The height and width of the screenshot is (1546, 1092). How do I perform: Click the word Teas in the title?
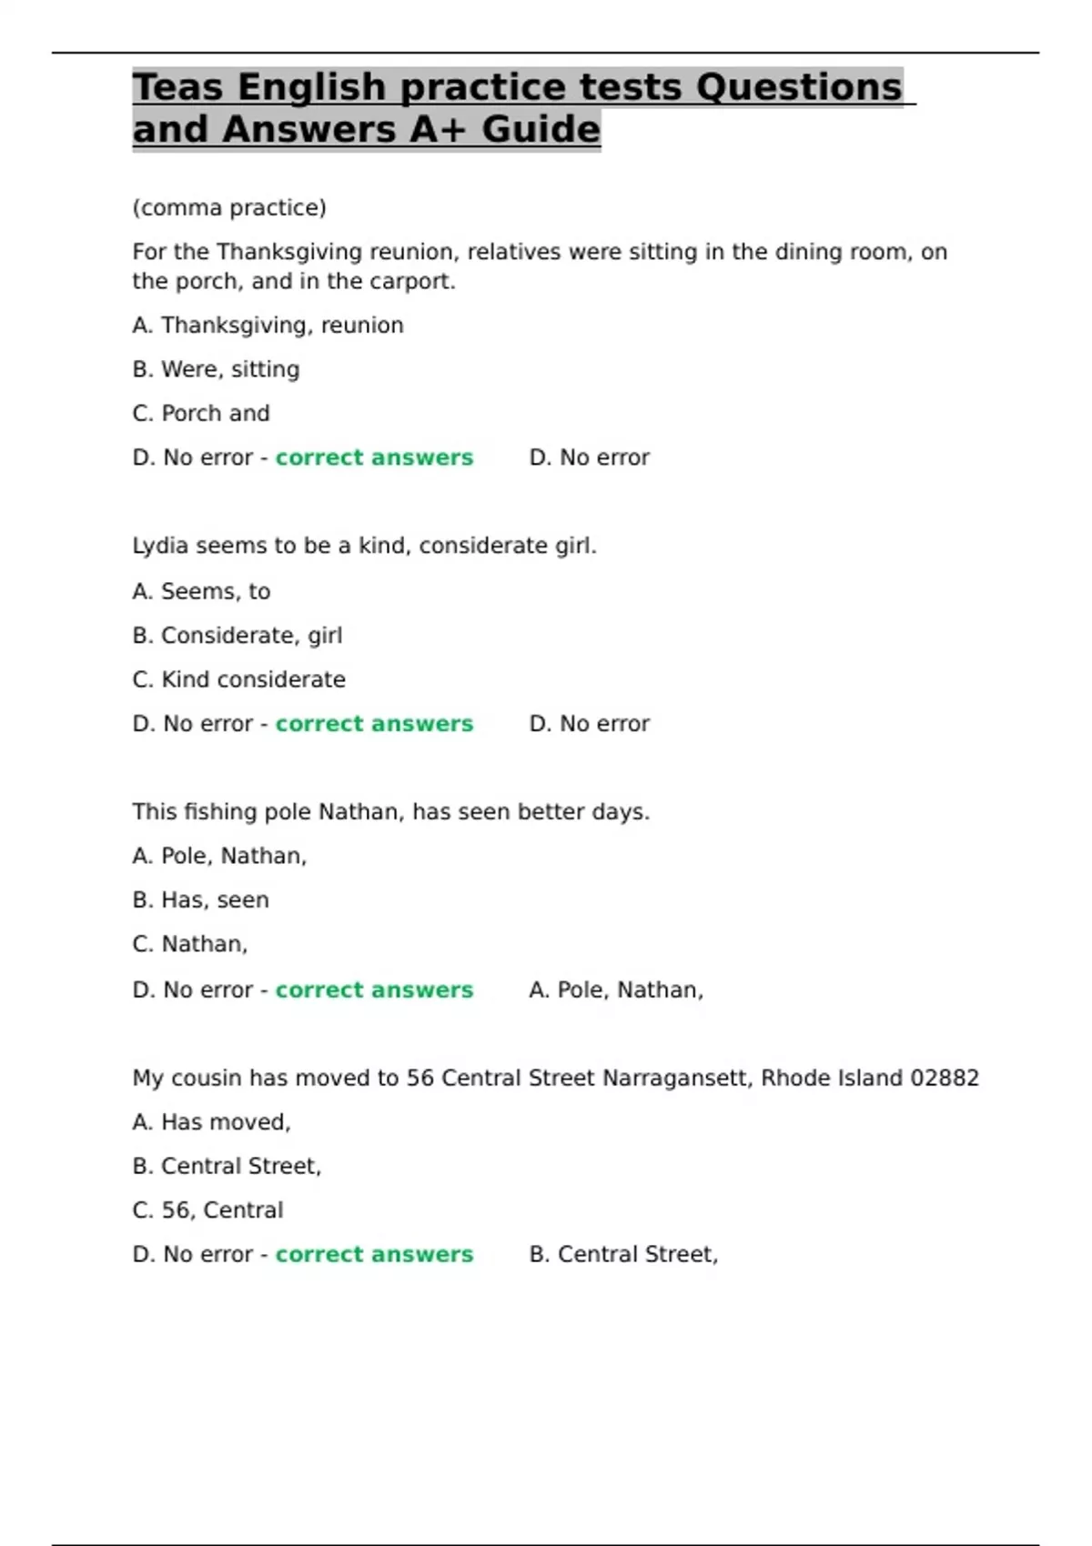(x=177, y=88)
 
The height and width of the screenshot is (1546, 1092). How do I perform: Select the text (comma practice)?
(x=229, y=208)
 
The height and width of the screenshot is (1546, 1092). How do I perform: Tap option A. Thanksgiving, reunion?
(x=268, y=326)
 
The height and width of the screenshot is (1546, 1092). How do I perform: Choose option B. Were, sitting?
(x=216, y=369)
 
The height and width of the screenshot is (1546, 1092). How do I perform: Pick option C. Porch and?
(x=201, y=414)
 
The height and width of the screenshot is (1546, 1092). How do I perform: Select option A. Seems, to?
(x=201, y=592)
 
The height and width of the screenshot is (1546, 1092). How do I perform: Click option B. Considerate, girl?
(x=238, y=636)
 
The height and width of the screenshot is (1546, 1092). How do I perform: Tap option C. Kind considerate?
(x=238, y=680)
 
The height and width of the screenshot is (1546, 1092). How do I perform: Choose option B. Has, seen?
(x=200, y=900)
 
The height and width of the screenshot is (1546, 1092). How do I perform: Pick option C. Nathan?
(x=190, y=945)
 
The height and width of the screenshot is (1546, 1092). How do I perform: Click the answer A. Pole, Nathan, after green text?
(x=616, y=990)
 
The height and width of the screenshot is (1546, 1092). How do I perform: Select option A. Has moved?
(x=211, y=1123)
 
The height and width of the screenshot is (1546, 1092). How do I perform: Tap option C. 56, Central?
(x=207, y=1210)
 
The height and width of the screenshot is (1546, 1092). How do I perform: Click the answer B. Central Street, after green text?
(x=623, y=1255)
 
